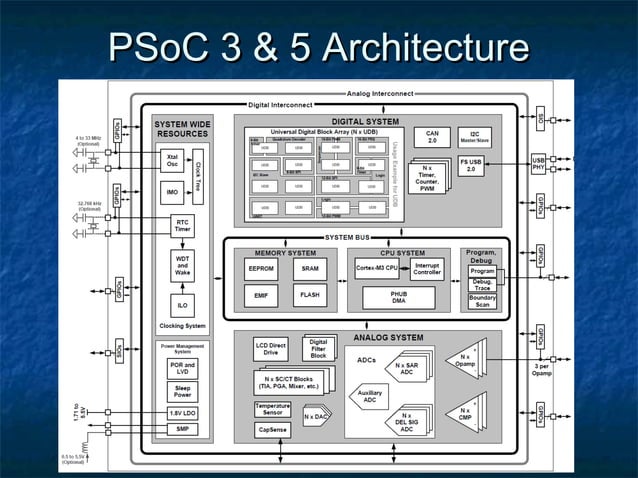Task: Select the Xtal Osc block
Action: pyautogui.click(x=172, y=160)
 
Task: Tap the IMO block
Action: pyautogui.click(x=172, y=191)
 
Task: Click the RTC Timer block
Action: pyautogui.click(x=182, y=226)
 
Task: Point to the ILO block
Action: pyautogui.click(x=182, y=305)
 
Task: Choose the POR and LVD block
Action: pyautogui.click(x=182, y=367)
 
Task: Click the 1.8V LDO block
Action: pyautogui.click(x=182, y=412)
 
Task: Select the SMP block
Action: pyautogui.click(x=182, y=429)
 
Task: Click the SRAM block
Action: pyautogui.click(x=309, y=268)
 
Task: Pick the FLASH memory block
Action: pyautogui.click(x=309, y=296)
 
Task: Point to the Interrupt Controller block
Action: pyautogui.click(x=427, y=269)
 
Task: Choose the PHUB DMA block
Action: pyautogui.click(x=398, y=297)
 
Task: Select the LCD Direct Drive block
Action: pyautogui.click(x=270, y=350)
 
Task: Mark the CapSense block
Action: pyautogui.click(x=272, y=431)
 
